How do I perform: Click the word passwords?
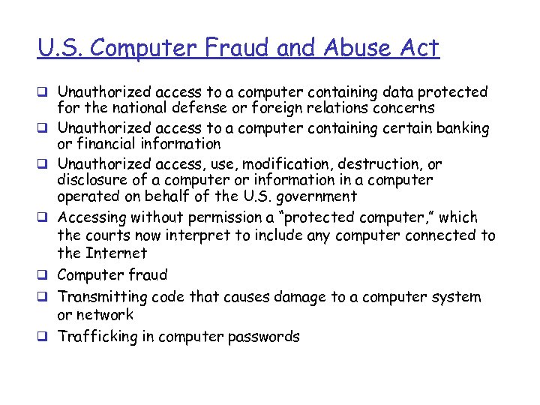(x=263, y=337)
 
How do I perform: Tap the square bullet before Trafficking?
(x=43, y=337)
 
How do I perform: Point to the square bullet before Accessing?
(x=43, y=218)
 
